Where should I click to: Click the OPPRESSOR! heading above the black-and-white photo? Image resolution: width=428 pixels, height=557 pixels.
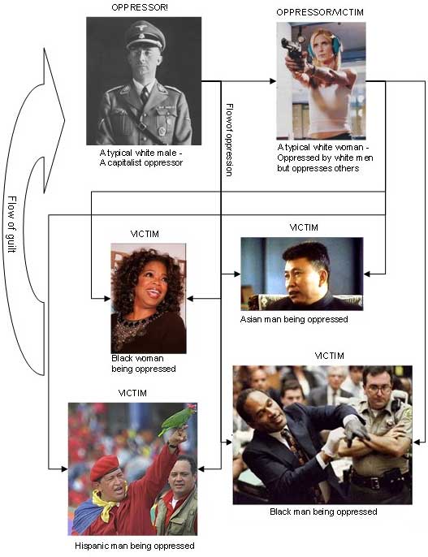[x=140, y=7]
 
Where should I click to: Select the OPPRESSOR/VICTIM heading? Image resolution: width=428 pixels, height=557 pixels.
[x=320, y=12]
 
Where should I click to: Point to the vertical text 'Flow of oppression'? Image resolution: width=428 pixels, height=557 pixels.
[x=230, y=140]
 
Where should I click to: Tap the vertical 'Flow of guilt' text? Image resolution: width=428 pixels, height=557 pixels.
[x=11, y=224]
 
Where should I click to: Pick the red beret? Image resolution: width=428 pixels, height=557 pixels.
[x=105, y=467]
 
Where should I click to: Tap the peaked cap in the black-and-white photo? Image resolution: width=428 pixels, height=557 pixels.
[x=145, y=36]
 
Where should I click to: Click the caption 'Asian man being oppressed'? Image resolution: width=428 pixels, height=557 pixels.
[x=294, y=319]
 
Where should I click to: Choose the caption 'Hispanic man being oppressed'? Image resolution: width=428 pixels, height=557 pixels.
[x=135, y=546]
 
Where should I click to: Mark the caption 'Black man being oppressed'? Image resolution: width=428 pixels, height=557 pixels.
[x=323, y=512]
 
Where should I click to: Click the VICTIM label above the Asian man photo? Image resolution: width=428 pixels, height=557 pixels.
[x=304, y=227]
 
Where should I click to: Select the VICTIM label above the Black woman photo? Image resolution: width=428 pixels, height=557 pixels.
[x=145, y=234]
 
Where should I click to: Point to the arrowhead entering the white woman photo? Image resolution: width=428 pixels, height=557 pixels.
[x=273, y=81]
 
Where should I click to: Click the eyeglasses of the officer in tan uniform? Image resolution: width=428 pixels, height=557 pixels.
[x=379, y=388]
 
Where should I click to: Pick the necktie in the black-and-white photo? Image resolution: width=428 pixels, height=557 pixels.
[x=145, y=95]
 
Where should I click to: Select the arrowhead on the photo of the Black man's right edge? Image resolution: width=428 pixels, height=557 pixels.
[x=417, y=443]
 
